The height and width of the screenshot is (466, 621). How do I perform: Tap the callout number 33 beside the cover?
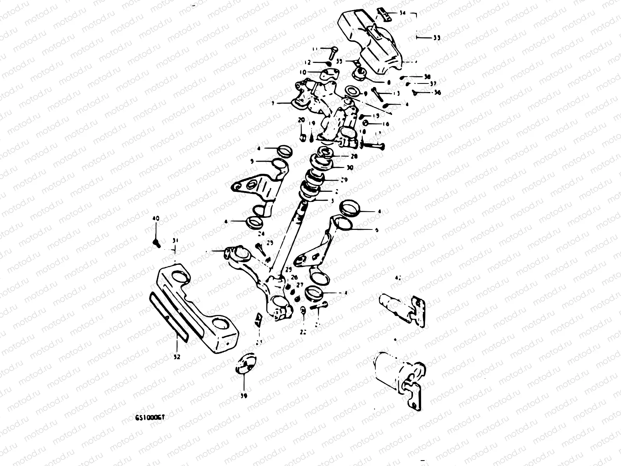[437, 38]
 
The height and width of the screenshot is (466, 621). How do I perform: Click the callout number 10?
[302, 72]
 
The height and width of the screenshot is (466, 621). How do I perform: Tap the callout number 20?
[301, 120]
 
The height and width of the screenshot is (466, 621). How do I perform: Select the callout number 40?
[156, 219]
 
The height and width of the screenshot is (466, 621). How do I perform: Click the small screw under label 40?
[157, 242]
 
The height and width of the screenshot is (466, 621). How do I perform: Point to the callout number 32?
[177, 358]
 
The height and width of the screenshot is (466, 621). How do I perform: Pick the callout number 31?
[175, 241]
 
